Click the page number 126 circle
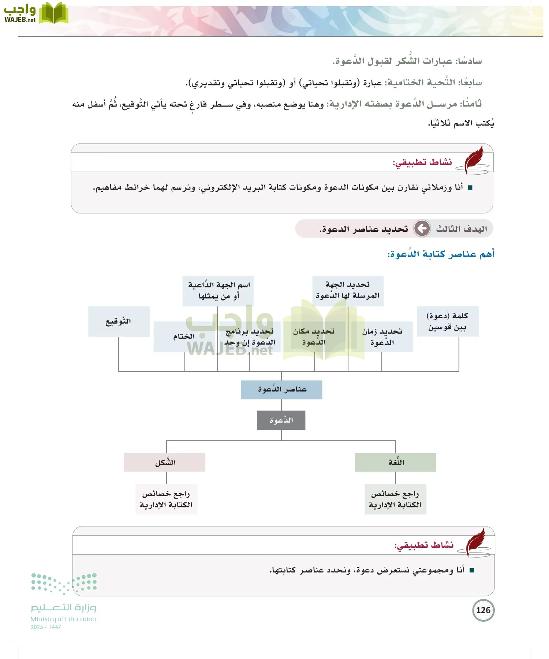click(483, 610)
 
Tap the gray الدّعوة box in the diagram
click(281, 420)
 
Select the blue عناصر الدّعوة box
click(281, 390)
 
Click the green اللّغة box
click(395, 462)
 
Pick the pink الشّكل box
click(164, 462)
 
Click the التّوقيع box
click(119, 321)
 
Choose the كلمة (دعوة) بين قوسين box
click(448, 321)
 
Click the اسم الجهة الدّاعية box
click(218, 290)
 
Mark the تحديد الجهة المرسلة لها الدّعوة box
click(348, 290)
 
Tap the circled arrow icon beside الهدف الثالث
click(422, 228)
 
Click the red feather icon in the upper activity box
click(475, 160)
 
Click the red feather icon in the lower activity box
click(477, 543)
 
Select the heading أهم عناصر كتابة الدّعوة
click(441, 254)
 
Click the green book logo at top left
click(53, 13)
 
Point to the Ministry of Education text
click(63, 619)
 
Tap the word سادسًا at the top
click(469, 61)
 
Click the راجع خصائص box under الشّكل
click(166, 499)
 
